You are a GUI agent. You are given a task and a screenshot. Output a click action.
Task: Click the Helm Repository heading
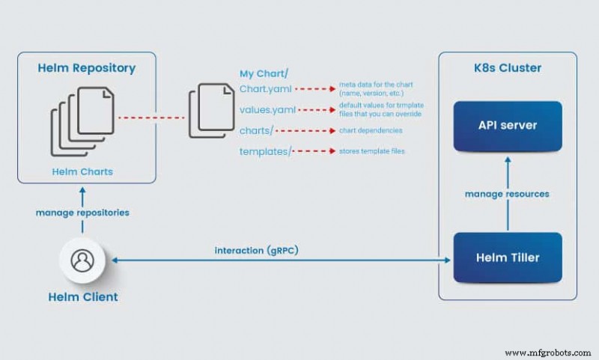87,68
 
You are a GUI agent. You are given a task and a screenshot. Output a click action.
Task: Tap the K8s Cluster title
508,68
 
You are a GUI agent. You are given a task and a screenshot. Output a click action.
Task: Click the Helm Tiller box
508,257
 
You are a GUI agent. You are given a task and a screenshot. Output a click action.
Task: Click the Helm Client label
83,296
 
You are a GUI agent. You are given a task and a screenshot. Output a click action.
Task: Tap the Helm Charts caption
82,171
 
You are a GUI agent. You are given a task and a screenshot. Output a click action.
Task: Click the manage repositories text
82,213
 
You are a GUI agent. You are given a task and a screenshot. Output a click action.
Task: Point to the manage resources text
507,194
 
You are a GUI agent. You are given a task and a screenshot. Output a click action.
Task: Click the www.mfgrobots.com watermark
548,352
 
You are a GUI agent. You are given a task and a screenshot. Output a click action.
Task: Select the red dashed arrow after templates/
312,151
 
